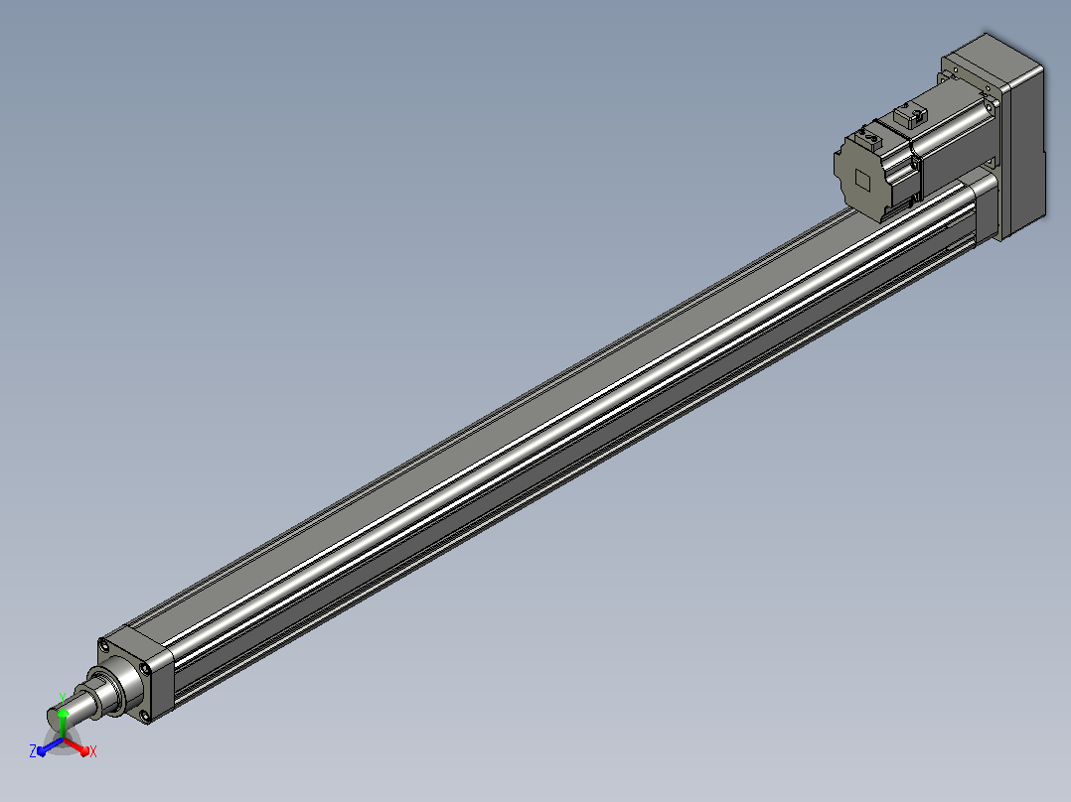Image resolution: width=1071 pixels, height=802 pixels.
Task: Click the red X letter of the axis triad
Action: pyautogui.click(x=93, y=751)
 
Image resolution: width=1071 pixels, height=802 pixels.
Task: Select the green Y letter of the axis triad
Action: pyautogui.click(x=63, y=698)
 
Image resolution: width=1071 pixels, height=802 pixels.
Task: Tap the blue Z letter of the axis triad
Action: pyautogui.click(x=33, y=751)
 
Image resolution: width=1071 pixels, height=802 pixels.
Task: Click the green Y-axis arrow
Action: pyautogui.click(x=63, y=723)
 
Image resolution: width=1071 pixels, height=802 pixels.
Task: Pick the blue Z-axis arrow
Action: pyautogui.click(x=50, y=746)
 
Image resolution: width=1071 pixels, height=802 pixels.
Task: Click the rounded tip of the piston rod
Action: pyautogui.click(x=55, y=718)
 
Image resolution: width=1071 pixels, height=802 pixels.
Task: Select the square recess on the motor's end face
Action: pyautogui.click(x=862, y=181)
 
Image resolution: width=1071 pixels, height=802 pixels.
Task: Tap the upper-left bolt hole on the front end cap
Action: pyautogui.click(x=103, y=644)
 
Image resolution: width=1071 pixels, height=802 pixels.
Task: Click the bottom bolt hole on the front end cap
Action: pyautogui.click(x=144, y=716)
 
